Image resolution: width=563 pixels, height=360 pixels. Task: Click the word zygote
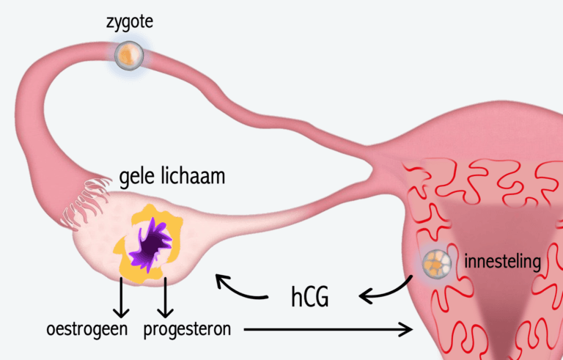pyautogui.click(x=130, y=21)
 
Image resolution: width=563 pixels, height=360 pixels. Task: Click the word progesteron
pyautogui.click(x=187, y=329)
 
